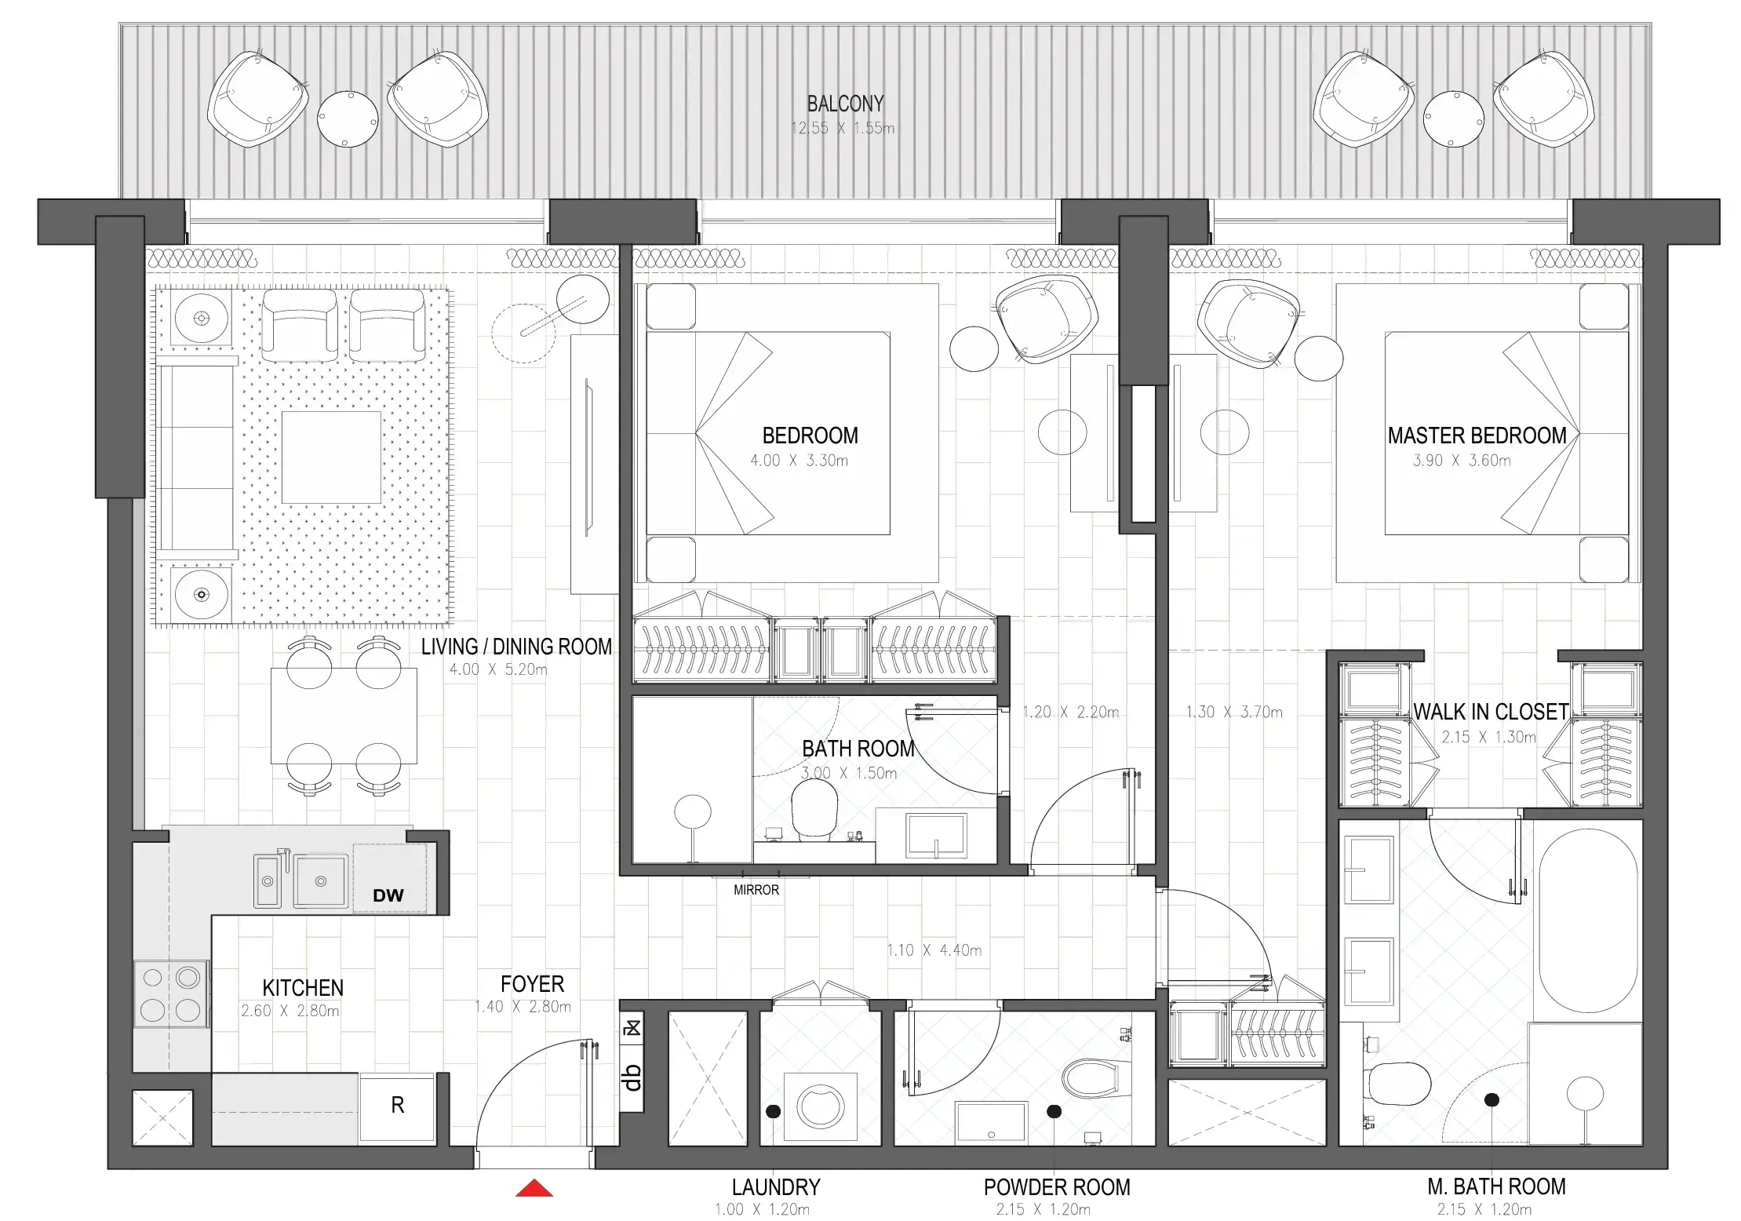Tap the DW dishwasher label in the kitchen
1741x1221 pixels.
388,895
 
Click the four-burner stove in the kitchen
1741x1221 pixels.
170,993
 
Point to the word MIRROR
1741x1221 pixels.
756,890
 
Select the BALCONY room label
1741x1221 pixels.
845,104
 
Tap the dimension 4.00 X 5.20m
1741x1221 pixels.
498,669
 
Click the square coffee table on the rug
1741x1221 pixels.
331,457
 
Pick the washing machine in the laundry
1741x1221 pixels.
820,1106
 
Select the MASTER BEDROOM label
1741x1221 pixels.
1477,436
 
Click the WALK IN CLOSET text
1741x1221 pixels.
1490,712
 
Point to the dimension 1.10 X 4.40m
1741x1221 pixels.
934,950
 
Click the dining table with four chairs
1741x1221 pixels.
344,715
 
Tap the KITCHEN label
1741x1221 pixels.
303,987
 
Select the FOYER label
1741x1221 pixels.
532,983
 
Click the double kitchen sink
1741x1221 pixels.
301,881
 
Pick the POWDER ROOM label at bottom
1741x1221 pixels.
1056,1187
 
